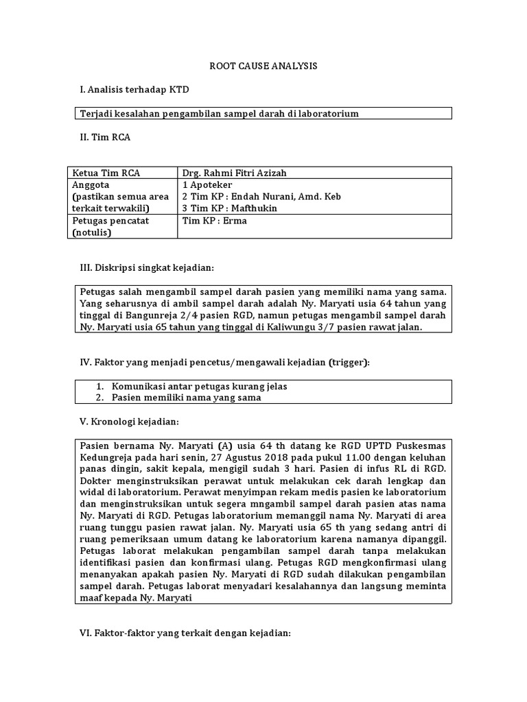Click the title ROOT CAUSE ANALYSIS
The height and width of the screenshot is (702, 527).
coord(263,66)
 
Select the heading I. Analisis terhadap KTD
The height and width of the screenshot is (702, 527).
coord(134,90)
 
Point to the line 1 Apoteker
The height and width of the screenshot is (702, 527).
coord(207,185)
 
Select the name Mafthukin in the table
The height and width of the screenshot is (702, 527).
coord(256,208)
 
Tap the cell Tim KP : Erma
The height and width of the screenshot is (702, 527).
coord(205,221)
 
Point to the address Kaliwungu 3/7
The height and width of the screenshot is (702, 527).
coord(288,328)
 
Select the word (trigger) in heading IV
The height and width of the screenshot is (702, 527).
coord(349,362)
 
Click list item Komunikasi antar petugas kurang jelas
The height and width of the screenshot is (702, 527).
coord(199,386)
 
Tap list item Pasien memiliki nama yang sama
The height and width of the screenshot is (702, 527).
coord(186,398)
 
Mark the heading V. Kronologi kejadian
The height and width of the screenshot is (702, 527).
coord(130,421)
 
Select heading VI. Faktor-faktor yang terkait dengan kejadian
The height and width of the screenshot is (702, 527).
coord(186,633)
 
